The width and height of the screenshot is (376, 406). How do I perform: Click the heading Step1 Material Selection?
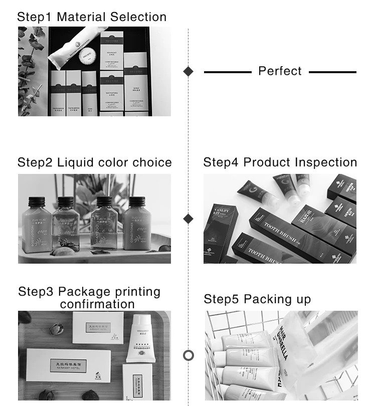(x=92, y=17)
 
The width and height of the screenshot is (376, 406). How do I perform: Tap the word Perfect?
(x=280, y=71)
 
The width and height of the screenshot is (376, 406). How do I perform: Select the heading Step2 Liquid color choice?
(x=94, y=162)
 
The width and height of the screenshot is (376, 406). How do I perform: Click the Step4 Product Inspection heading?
(x=280, y=162)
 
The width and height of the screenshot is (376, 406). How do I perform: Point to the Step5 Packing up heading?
(x=257, y=299)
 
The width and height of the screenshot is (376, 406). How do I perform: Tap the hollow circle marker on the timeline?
(x=189, y=355)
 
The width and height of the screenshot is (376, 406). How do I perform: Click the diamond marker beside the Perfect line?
(x=189, y=71)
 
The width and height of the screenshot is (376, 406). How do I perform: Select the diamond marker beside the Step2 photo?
(x=189, y=219)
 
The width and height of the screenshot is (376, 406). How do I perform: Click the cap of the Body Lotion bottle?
(x=35, y=200)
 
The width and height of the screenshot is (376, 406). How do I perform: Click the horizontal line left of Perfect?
(x=228, y=72)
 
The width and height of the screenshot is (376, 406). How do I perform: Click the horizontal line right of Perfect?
(x=332, y=72)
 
